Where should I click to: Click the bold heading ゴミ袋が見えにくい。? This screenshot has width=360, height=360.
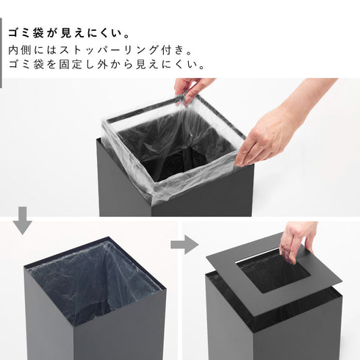pyautogui.click(x=70, y=34)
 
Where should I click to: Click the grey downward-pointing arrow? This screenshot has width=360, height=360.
pyautogui.click(x=23, y=221)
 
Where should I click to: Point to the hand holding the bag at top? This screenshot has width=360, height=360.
pyautogui.click(x=193, y=87)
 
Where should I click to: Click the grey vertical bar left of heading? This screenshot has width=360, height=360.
pyautogui.click(x=2, y=44)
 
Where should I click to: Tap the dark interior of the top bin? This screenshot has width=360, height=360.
pyautogui.click(x=176, y=147)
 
